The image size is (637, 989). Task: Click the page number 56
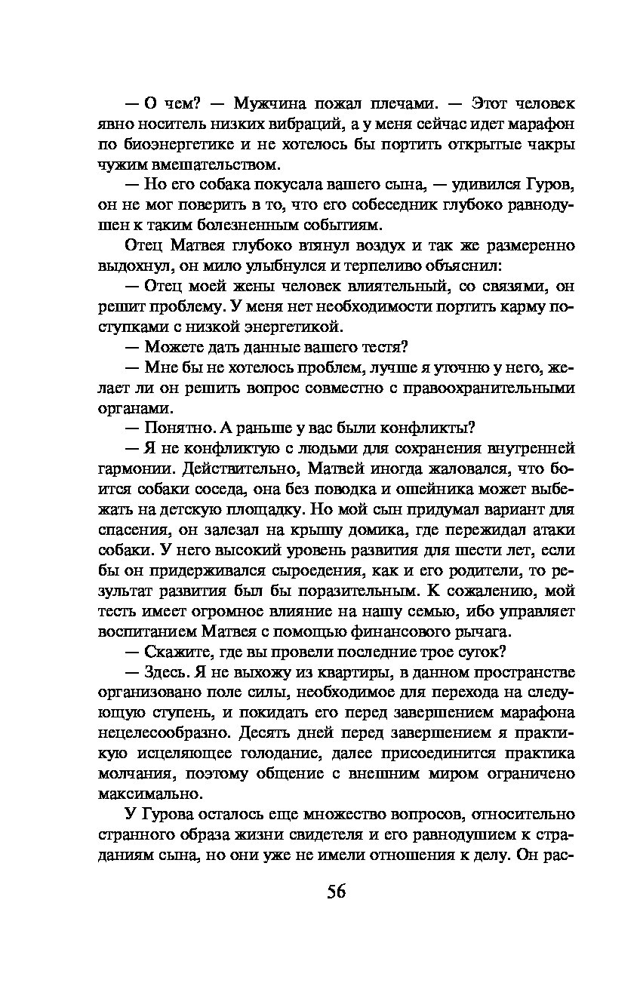(336, 891)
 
